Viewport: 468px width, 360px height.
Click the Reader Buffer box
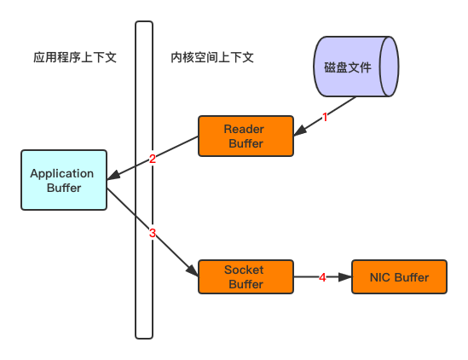[246, 136]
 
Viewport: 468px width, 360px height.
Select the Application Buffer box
[64, 180]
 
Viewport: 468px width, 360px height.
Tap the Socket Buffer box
[246, 276]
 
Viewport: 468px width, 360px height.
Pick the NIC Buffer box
[399, 276]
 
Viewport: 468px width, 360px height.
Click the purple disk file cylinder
[356, 67]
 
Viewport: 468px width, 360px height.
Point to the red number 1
[325, 117]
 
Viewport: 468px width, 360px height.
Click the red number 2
[153, 159]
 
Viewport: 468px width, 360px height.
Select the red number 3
[153, 233]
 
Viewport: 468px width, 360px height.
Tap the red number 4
[322, 277]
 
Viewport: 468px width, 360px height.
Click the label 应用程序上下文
[75, 57]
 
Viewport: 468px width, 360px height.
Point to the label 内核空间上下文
[212, 57]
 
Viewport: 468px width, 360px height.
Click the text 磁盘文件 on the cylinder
[348, 67]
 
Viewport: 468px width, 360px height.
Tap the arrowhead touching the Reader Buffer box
[300, 131]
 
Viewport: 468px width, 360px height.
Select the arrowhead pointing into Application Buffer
[113, 176]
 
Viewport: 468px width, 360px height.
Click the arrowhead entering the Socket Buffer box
[193, 270]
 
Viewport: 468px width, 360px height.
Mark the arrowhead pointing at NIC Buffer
[345, 277]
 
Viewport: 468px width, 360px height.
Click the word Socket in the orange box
[244, 270]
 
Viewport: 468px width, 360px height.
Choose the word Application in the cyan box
[61, 174]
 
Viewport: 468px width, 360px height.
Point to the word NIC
[379, 277]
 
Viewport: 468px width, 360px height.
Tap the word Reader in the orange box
[244, 129]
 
